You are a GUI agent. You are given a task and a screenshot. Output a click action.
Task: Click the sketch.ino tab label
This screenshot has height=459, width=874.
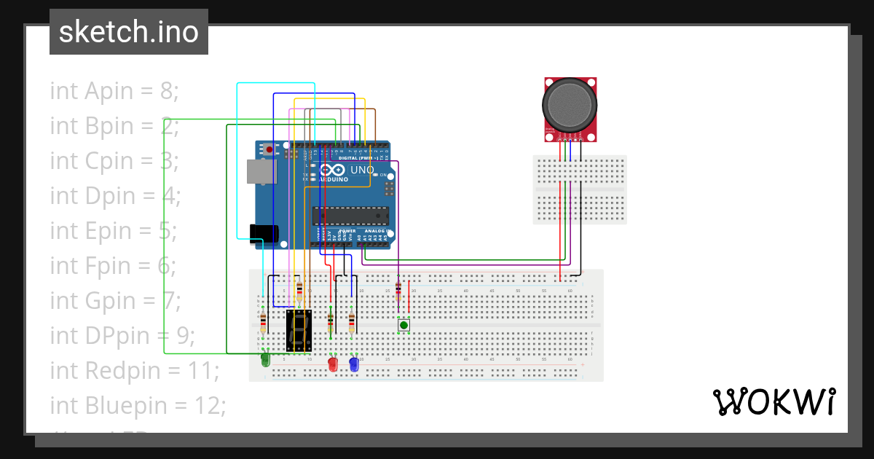(128, 32)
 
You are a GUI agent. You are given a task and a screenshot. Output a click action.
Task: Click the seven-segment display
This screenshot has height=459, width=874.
(299, 330)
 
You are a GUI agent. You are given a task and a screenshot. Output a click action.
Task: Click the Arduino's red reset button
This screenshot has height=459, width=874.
(269, 149)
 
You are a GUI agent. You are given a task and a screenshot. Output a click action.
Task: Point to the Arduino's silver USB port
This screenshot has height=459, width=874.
(259, 172)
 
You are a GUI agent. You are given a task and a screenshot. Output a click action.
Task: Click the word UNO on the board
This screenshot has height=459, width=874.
(362, 170)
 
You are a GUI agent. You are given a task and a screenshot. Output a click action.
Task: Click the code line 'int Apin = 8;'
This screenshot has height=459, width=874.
(114, 91)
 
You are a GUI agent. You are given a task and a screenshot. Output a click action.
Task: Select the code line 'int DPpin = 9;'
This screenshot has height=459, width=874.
(122, 336)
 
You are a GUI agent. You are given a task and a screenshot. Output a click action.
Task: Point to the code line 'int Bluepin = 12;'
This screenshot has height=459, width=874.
(138, 405)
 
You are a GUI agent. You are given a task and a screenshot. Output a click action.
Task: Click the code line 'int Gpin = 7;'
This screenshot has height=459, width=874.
(114, 300)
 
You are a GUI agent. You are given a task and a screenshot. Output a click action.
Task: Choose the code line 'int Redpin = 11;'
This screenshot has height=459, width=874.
(134, 370)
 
